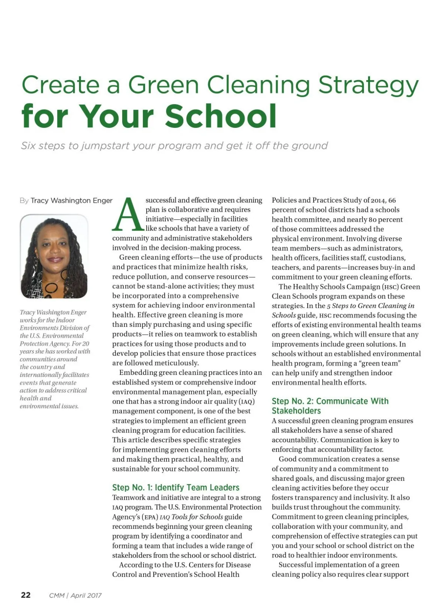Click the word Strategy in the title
(x=368, y=85)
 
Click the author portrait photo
(x=54, y=256)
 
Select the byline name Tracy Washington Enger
(x=71, y=201)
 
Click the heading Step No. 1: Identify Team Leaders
(x=176, y=488)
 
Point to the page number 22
(x=26, y=595)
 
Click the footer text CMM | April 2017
(x=75, y=595)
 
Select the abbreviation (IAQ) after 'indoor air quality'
(x=247, y=401)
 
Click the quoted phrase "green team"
(x=380, y=363)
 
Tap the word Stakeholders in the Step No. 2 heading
(x=296, y=411)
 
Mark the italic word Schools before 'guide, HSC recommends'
(x=284, y=315)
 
